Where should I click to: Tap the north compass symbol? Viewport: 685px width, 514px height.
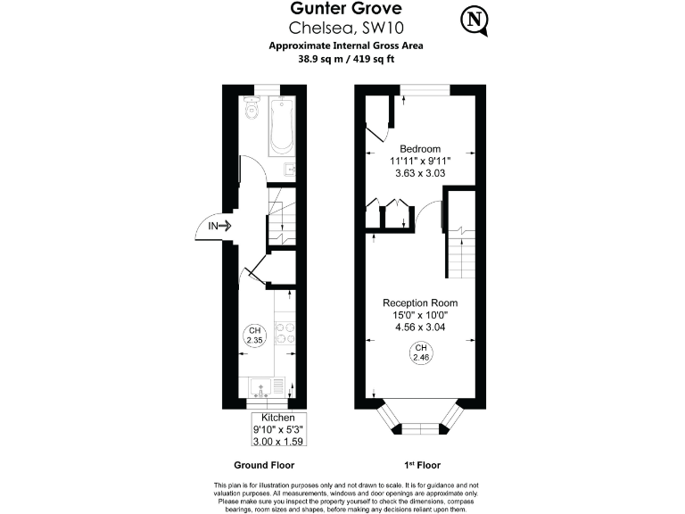[x=475, y=20]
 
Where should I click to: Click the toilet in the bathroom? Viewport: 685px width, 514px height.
[x=251, y=111]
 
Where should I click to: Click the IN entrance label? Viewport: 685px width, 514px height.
[x=214, y=227]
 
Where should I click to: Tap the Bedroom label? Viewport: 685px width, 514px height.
[x=420, y=148]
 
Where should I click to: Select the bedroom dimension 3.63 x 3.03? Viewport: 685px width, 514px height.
[x=420, y=173]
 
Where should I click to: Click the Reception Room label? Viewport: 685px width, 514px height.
[x=420, y=303]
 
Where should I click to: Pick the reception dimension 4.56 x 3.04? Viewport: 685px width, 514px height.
[x=420, y=327]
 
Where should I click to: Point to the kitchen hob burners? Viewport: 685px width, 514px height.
[x=285, y=332]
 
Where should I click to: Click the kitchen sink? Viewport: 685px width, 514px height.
[x=263, y=387]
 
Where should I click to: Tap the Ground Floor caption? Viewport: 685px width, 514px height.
[x=264, y=465]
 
